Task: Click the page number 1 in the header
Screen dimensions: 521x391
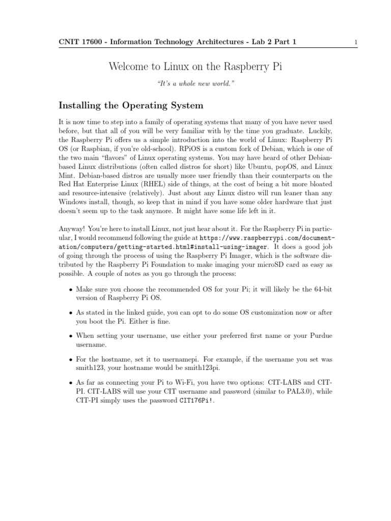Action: (356, 43)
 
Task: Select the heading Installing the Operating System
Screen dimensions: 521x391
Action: (131, 106)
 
